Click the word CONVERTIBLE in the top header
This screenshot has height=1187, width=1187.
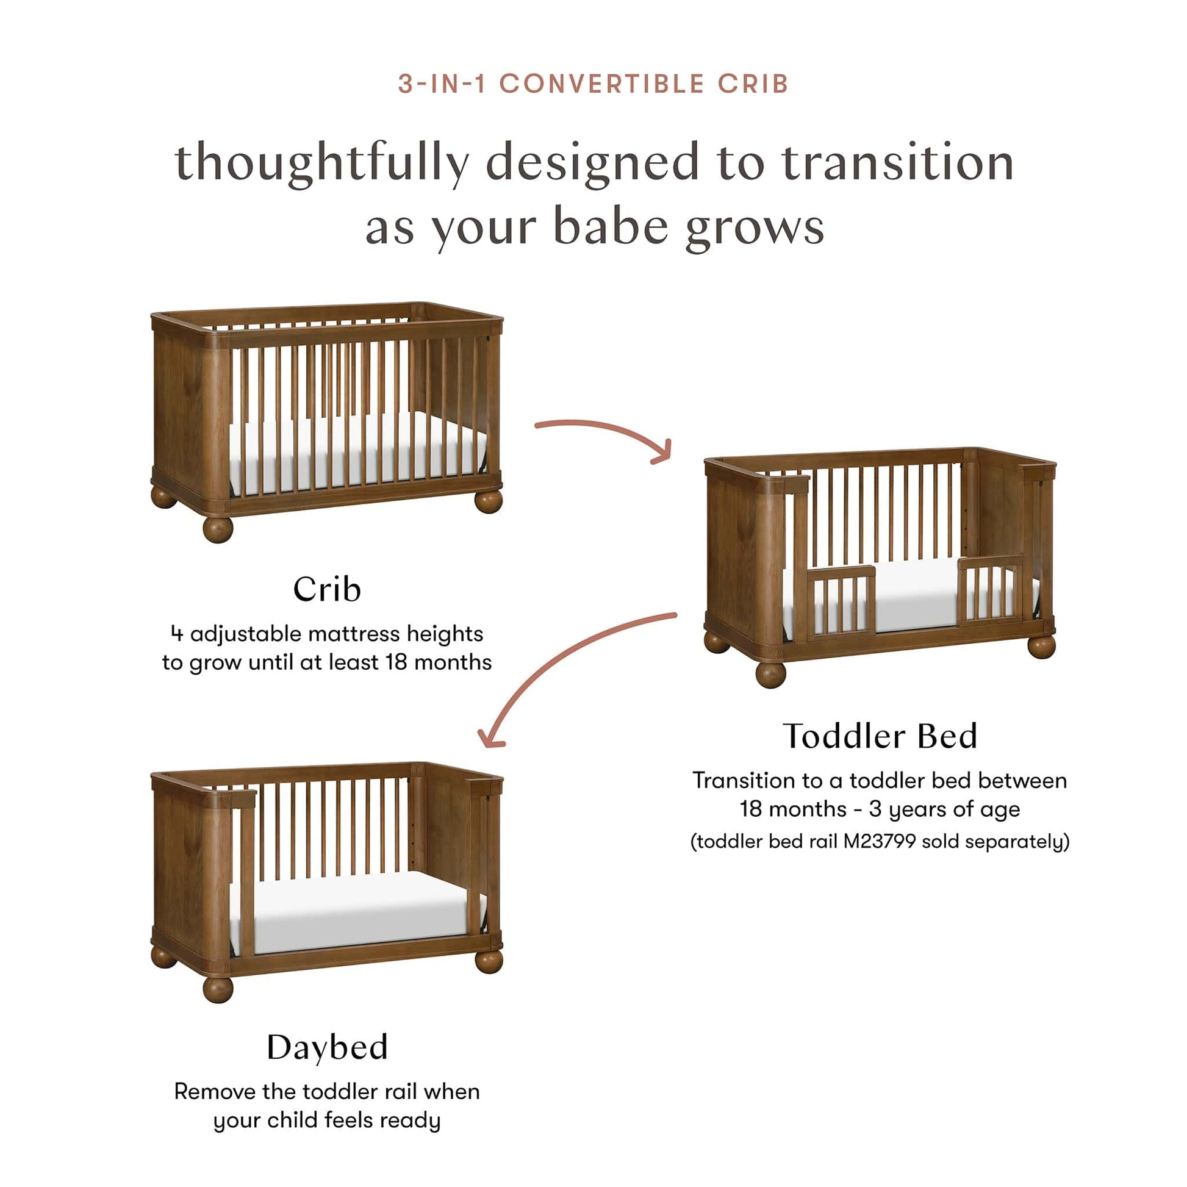pyautogui.click(x=601, y=84)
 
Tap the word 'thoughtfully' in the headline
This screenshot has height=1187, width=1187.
pyautogui.click(x=322, y=163)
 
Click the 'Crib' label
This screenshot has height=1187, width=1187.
pyautogui.click(x=327, y=589)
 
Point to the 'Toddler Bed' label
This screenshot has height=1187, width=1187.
pyautogui.click(x=880, y=736)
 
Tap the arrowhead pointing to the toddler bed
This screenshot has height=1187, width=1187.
pyautogui.click(x=664, y=451)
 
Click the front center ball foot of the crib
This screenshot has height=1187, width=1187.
pyautogui.click(x=218, y=529)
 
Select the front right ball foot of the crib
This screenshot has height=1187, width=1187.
pyautogui.click(x=489, y=501)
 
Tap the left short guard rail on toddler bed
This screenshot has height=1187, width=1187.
pyautogui.click(x=841, y=603)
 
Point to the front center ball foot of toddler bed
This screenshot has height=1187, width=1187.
pyautogui.click(x=770, y=675)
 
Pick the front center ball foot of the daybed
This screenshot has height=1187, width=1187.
pyautogui.click(x=218, y=989)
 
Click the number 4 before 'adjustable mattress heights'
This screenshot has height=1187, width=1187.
pyautogui.click(x=177, y=633)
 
